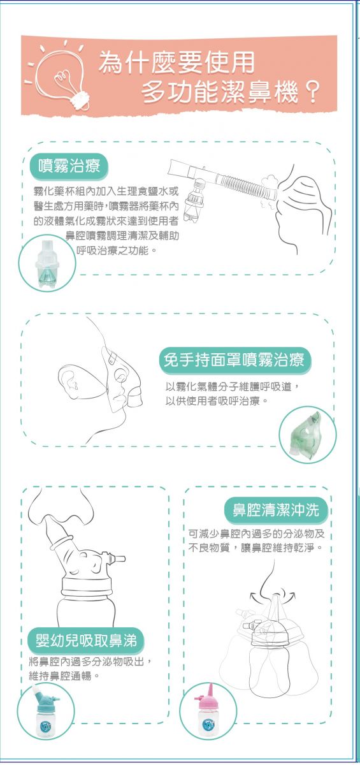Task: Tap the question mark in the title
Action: (313, 92)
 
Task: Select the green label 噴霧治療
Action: (69, 166)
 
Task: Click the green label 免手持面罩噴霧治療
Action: (234, 360)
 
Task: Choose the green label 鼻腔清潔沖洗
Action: (276, 510)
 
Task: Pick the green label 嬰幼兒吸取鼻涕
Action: (86, 639)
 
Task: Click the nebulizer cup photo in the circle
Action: (47, 263)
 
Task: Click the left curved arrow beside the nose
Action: (256, 596)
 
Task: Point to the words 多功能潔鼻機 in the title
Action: (220, 93)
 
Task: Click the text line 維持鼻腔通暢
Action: (60, 676)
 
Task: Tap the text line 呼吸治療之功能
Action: (113, 251)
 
